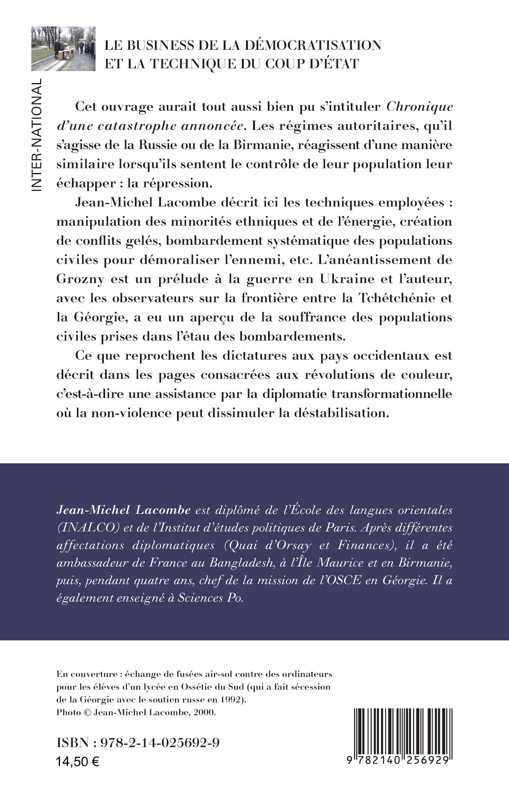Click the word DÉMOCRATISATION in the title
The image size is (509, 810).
(313, 45)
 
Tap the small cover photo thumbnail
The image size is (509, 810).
(63, 49)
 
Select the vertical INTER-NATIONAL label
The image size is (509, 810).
(36, 135)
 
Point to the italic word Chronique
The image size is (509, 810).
(420, 107)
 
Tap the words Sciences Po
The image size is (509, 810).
(210, 598)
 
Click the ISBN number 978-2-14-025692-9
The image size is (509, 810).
(160, 742)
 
